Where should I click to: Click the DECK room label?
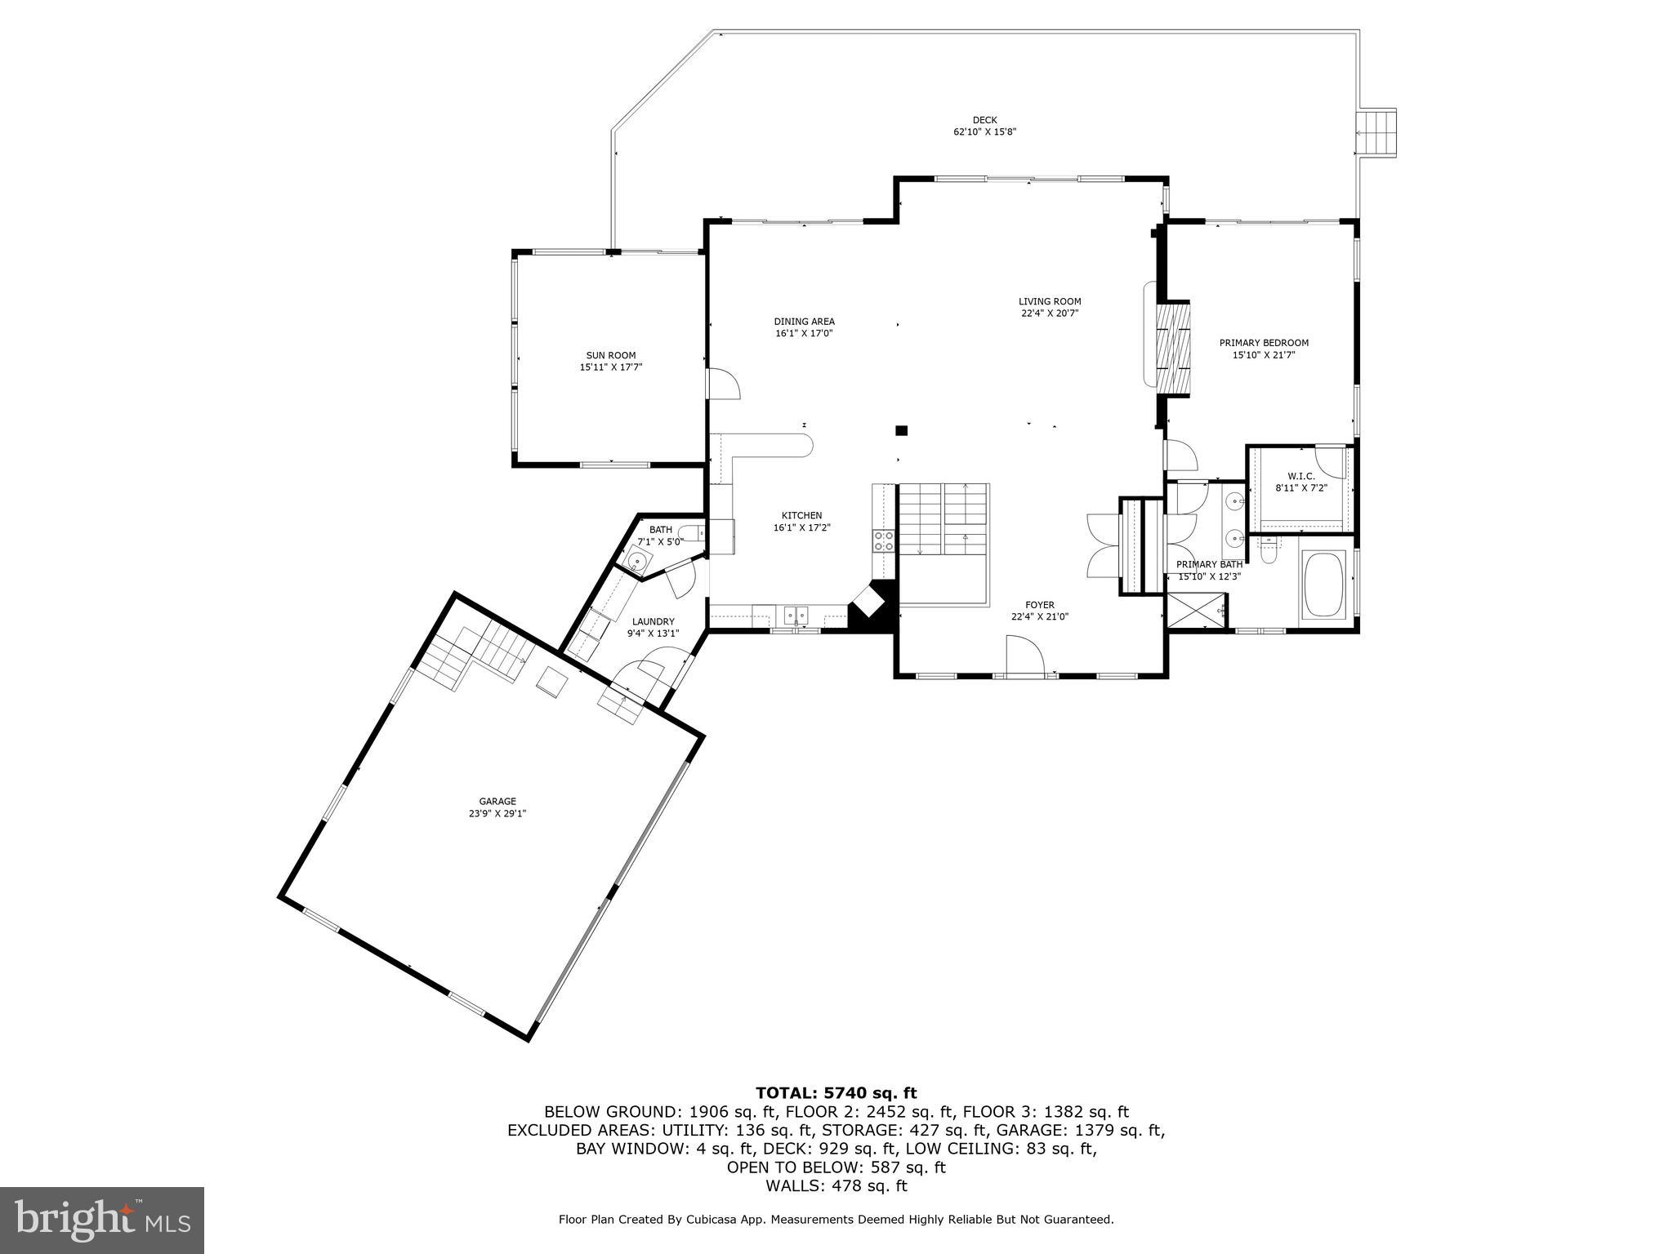(984, 120)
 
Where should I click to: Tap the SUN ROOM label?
(610, 355)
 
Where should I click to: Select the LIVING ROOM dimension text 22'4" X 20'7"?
(1050, 313)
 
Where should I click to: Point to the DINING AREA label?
(804, 322)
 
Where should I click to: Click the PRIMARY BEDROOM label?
(1264, 343)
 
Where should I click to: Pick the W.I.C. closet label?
(1300, 476)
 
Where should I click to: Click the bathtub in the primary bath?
(1323, 585)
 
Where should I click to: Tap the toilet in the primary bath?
(1269, 552)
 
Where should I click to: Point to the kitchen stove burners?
(884, 540)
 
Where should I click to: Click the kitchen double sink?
(796, 616)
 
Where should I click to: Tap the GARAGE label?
(497, 802)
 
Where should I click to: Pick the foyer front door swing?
(1025, 656)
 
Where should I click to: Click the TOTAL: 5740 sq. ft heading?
(836, 1093)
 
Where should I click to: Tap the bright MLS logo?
(102, 1221)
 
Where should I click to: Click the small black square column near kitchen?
(902, 430)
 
